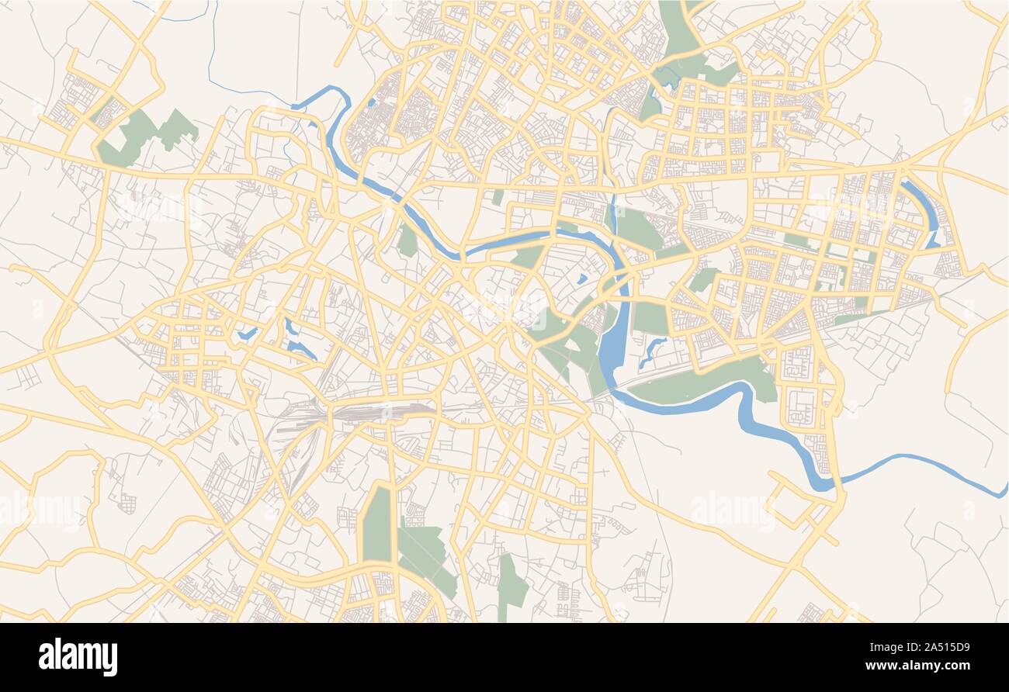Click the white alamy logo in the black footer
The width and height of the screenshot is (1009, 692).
(78, 656)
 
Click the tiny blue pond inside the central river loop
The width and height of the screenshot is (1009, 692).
(581, 279)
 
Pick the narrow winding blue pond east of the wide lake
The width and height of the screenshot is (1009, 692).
(652, 351)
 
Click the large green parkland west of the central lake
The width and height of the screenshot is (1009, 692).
(567, 341)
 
